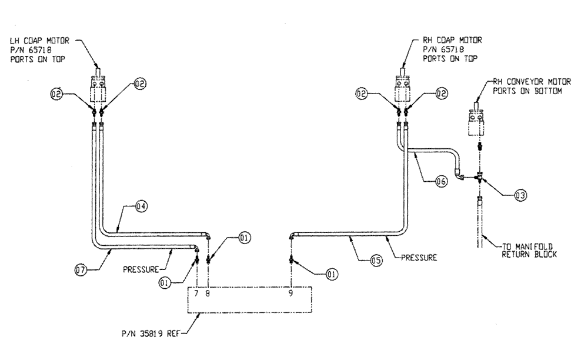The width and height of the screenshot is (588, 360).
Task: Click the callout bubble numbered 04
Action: click(141, 206)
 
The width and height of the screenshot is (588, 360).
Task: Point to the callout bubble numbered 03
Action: click(519, 195)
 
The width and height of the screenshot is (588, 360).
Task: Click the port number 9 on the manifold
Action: click(291, 292)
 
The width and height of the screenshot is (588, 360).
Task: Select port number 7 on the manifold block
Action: click(198, 292)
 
